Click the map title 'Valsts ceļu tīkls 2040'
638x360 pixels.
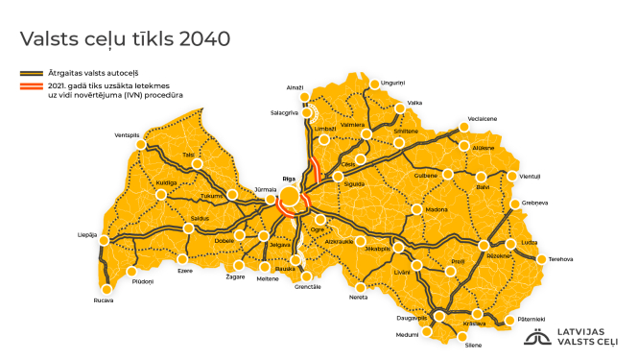click(x=126, y=38)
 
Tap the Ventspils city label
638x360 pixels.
click(x=127, y=135)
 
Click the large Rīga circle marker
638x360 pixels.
click(x=288, y=200)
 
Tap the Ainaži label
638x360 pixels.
click(x=295, y=87)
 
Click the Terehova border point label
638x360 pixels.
click(x=560, y=259)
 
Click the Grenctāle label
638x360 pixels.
click(x=309, y=287)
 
